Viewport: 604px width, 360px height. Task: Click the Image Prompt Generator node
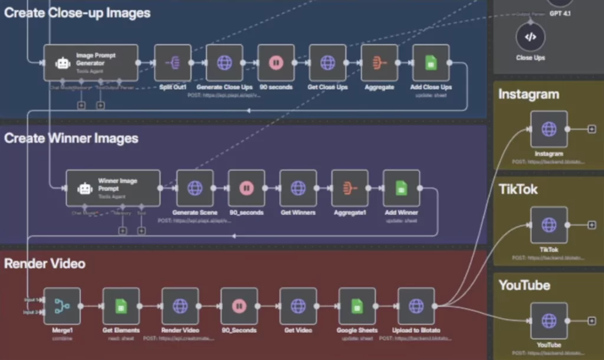(x=91, y=63)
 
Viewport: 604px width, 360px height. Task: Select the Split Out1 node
(x=173, y=63)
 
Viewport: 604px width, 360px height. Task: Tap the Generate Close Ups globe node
(x=224, y=63)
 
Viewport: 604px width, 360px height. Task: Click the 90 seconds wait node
(x=276, y=63)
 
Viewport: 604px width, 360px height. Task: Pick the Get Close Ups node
(x=327, y=63)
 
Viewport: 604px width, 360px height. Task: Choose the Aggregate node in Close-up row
(x=379, y=63)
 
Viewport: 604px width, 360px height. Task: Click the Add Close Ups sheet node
(x=431, y=63)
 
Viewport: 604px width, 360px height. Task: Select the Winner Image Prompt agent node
(x=113, y=188)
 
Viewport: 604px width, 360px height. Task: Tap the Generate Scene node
(x=195, y=188)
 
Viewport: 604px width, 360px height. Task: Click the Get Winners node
(x=298, y=188)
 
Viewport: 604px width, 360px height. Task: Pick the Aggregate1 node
(x=350, y=188)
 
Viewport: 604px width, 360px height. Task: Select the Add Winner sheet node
(x=401, y=188)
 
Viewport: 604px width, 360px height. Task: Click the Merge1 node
(x=62, y=306)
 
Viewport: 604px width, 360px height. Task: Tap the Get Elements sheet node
(x=121, y=306)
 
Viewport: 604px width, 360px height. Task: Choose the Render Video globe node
(x=180, y=306)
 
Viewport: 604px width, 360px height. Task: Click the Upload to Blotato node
(x=416, y=306)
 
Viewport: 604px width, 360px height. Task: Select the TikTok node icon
(x=549, y=225)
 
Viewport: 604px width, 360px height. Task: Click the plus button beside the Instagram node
(x=591, y=129)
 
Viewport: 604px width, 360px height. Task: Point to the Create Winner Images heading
(x=71, y=138)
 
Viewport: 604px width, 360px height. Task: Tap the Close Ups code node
(x=530, y=37)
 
